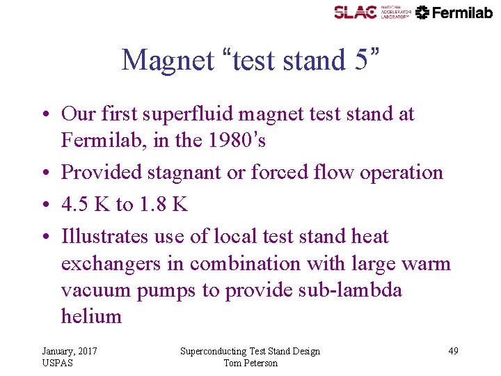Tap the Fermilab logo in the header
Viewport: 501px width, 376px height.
454,12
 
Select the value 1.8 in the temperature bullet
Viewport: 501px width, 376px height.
152,205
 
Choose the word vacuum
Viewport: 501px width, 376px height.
103,290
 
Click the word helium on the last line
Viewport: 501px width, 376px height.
91,316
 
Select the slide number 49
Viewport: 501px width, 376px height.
453,351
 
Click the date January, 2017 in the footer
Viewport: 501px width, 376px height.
70,351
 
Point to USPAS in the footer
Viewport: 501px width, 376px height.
57,363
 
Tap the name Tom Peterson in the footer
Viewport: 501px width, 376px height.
250,363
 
